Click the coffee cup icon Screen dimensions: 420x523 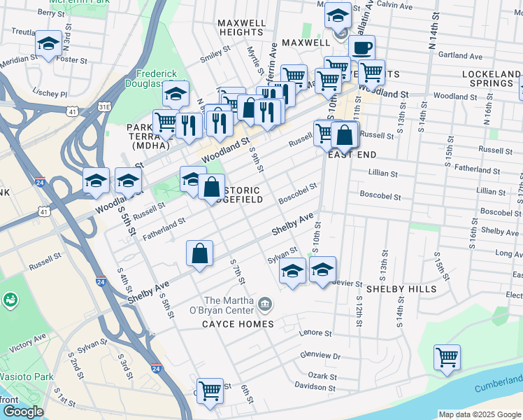point(361,48)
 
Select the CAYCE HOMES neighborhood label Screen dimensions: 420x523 point(238,324)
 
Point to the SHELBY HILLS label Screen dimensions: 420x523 point(401,288)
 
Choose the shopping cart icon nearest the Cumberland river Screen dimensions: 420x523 point(447,357)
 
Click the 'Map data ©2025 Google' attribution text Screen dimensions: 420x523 point(480,414)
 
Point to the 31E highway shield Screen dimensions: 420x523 point(104,106)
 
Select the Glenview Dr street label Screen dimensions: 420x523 point(320,356)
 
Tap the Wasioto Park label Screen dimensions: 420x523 point(27,377)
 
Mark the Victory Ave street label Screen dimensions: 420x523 point(27,342)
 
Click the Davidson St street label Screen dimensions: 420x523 point(315,386)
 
